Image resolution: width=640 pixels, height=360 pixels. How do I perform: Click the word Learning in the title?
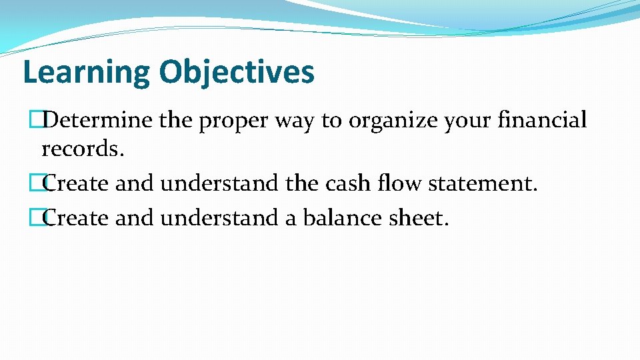[85, 72]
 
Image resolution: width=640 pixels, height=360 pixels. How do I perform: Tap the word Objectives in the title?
[236, 72]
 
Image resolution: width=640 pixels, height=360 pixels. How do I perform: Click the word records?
[83, 149]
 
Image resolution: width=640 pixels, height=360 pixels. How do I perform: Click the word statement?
[482, 183]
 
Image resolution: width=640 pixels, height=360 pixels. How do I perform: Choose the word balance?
[341, 217]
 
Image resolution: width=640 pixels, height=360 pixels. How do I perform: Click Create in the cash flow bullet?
[75, 183]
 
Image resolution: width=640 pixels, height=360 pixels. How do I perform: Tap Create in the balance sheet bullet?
[75, 217]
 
